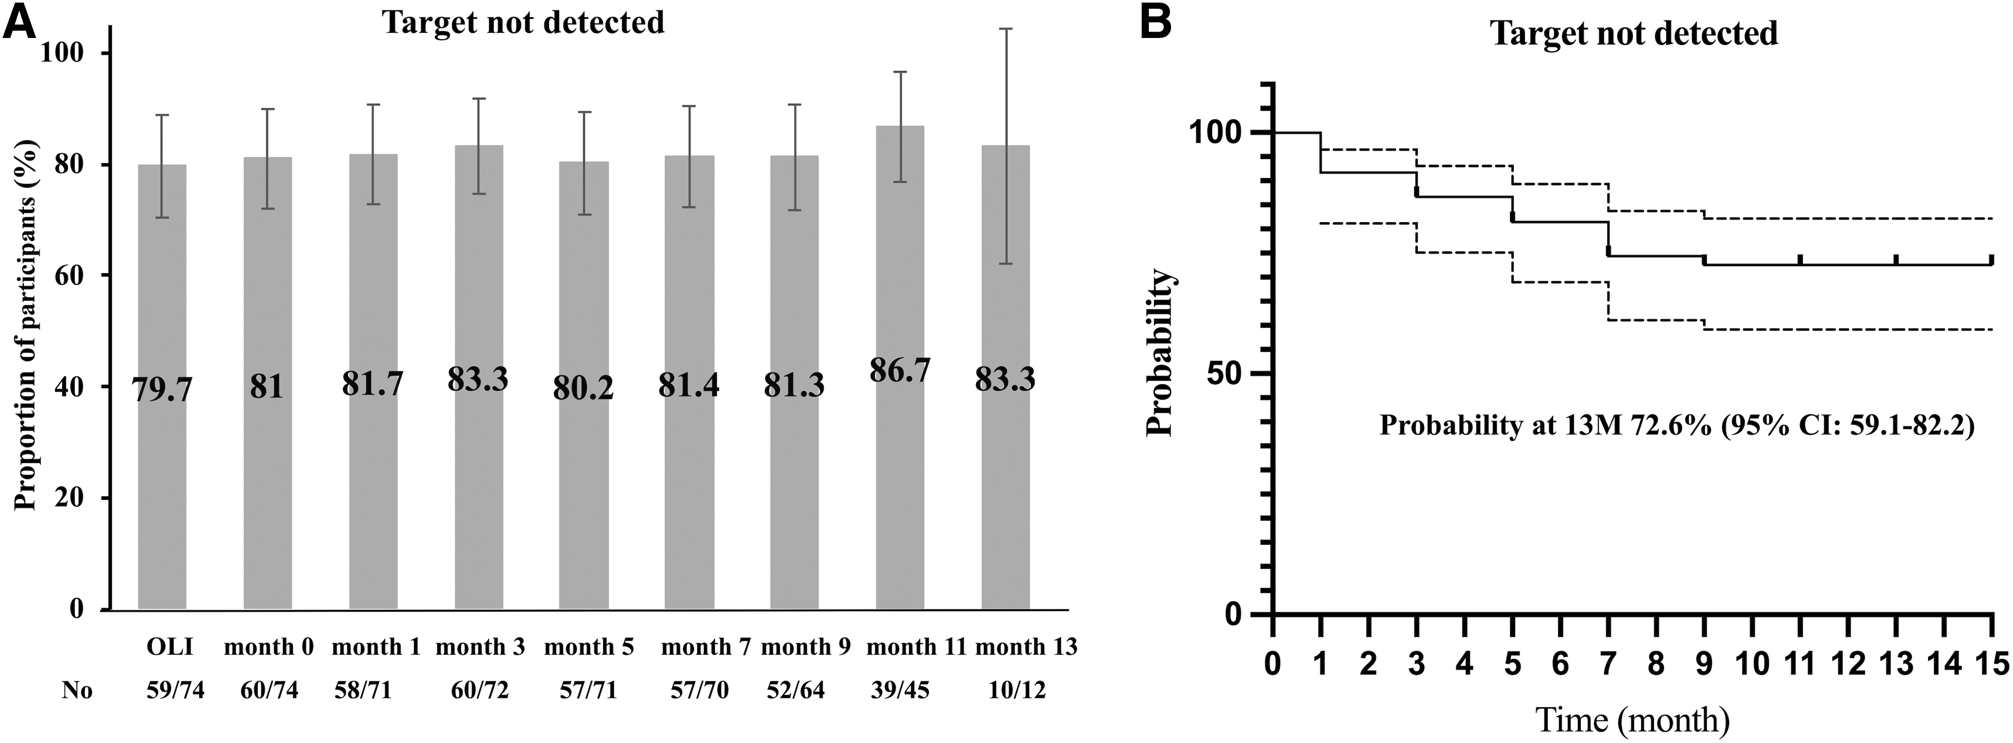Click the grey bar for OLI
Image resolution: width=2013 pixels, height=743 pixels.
click(x=162, y=387)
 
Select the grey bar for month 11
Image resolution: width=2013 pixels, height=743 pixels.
click(x=900, y=367)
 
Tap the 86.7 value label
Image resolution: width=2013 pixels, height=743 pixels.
click(x=900, y=371)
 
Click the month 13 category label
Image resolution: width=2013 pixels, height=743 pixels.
click(x=1026, y=647)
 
